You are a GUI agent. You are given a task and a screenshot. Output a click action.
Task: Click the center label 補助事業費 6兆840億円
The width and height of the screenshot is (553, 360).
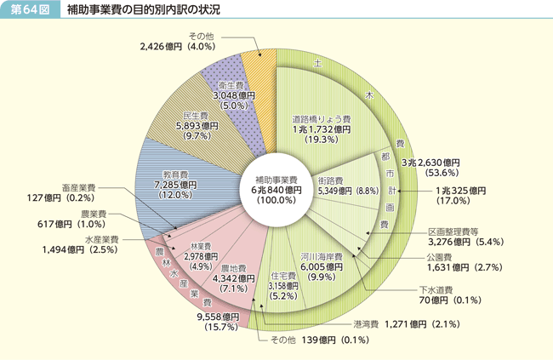tap(275, 189)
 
